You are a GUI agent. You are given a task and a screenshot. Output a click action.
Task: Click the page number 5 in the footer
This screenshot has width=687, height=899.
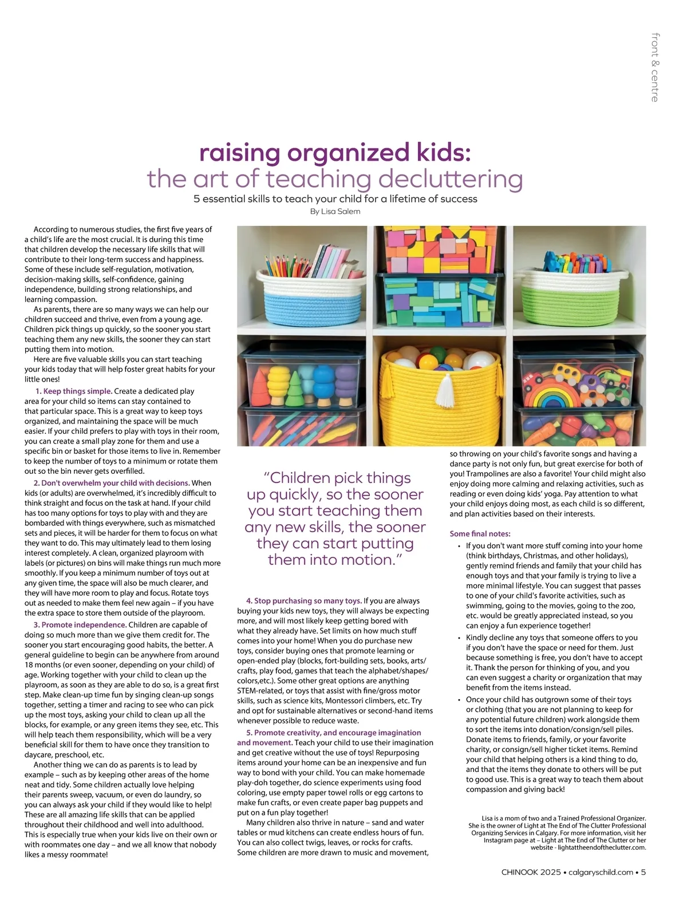643,873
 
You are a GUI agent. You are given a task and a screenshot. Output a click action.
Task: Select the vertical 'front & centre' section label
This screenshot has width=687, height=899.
654,68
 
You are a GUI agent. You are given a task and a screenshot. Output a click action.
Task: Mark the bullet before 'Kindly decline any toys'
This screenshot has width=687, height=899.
459,638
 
